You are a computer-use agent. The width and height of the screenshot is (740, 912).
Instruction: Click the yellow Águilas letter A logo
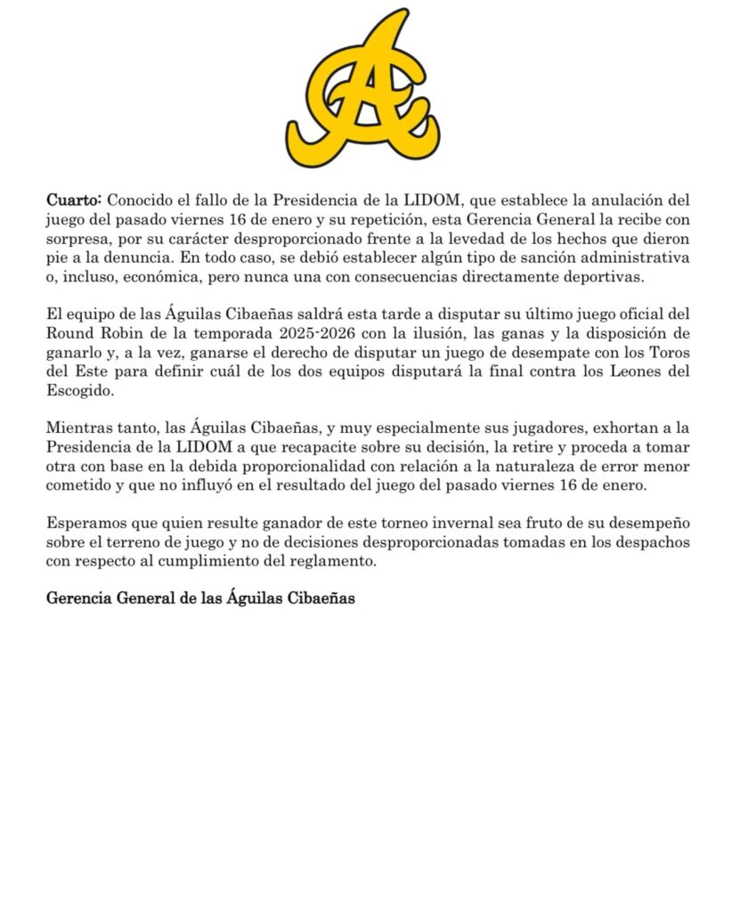(363, 89)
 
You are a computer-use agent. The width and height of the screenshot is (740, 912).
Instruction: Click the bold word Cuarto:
(75, 200)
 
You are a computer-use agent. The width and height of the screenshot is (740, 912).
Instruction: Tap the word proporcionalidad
(291, 467)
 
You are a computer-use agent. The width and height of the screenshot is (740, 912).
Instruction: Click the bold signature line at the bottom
(200, 599)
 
